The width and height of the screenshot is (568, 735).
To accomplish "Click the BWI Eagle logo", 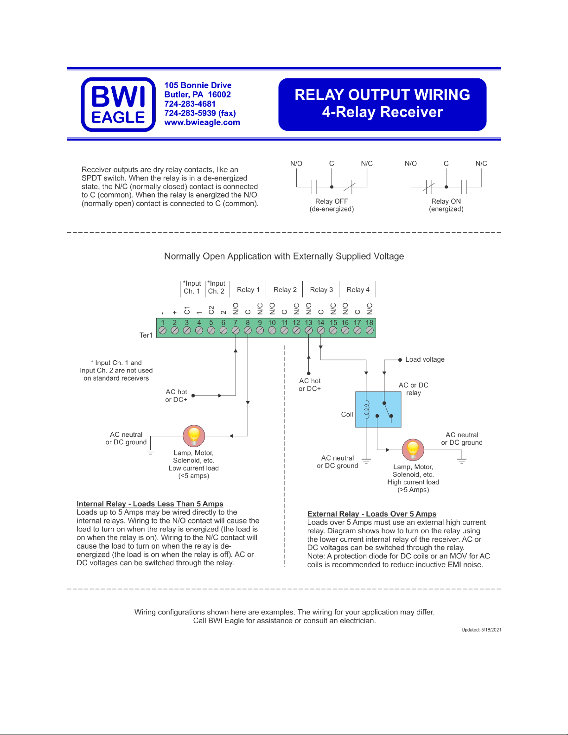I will (x=118, y=104).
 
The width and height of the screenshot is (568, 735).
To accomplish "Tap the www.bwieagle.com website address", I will (x=202, y=122).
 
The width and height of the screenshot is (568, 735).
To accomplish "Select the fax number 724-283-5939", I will (x=200, y=113).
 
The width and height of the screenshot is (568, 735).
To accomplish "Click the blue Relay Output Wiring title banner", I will (x=382, y=104).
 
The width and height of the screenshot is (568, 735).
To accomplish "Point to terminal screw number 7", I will (x=236, y=330).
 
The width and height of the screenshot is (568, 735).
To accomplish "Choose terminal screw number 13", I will (x=308, y=330).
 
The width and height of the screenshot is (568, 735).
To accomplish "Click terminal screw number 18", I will (x=370, y=330).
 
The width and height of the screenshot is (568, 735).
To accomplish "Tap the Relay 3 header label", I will (x=321, y=289).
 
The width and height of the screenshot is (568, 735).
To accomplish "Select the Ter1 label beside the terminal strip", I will (x=146, y=335).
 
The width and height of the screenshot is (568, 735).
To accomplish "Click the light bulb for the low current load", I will (x=194, y=435).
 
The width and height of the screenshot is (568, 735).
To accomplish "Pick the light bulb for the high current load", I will (x=413, y=449).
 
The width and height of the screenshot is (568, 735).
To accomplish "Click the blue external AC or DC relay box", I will (x=378, y=409).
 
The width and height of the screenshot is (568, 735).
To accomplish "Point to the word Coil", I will (x=347, y=415).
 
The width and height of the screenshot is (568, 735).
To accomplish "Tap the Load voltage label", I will (x=425, y=359).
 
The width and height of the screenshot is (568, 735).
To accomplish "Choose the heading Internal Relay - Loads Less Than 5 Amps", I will (x=150, y=504).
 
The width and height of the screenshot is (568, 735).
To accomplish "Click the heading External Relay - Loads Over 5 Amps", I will (x=371, y=514).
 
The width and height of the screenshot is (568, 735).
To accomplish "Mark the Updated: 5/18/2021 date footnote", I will (x=481, y=630).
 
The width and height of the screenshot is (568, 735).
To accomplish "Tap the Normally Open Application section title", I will (x=284, y=256).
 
